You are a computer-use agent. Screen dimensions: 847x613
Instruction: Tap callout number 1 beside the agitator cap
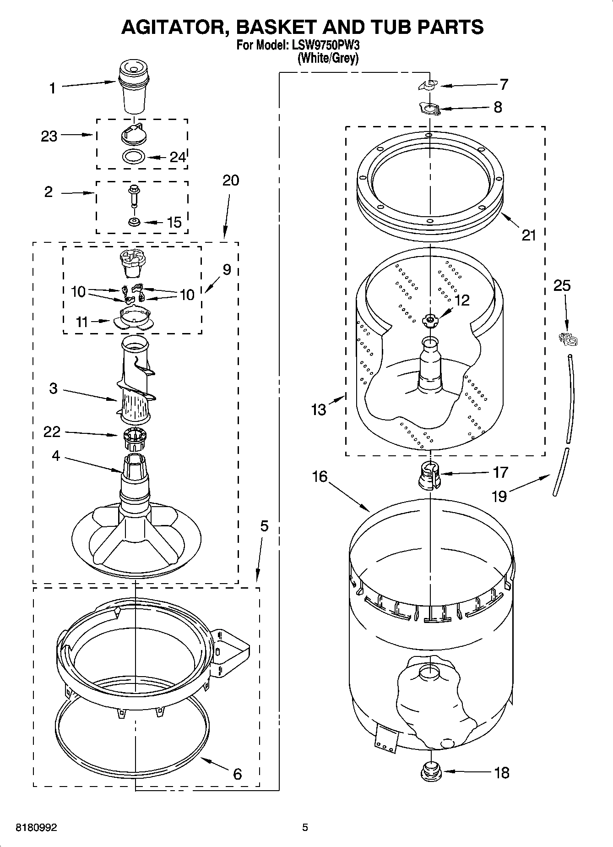[53, 88]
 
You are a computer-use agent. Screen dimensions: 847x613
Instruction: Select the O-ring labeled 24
[134, 156]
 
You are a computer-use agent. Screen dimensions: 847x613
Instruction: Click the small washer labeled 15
[135, 222]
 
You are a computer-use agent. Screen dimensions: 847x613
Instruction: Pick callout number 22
[52, 432]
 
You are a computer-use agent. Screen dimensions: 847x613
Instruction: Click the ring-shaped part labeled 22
[135, 438]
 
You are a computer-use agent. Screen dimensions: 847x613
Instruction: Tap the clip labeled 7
[429, 85]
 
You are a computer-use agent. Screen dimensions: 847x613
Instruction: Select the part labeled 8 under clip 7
[429, 109]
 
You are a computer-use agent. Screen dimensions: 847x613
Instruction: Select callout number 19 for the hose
[499, 496]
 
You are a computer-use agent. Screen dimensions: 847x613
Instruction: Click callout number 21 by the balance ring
[529, 235]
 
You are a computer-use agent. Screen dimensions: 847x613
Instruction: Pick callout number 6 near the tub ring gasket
[237, 774]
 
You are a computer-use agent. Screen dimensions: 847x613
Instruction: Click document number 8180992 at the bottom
[37, 828]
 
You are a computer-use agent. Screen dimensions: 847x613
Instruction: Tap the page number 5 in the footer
[305, 827]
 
